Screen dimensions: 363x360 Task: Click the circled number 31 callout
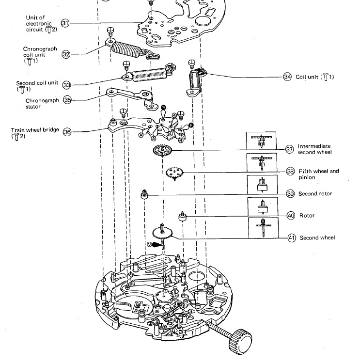tap(65, 23)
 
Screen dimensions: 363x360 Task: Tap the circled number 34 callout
tap(287, 77)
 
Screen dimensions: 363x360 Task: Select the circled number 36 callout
tap(67, 131)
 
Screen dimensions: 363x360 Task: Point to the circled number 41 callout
tap(292, 237)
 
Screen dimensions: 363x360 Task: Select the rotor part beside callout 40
tap(183, 216)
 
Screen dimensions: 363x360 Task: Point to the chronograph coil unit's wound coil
tap(129, 48)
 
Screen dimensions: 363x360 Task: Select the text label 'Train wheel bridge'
tap(33, 130)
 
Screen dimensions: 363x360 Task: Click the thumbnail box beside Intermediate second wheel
tap(262, 142)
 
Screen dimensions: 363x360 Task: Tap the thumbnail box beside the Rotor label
tap(262, 207)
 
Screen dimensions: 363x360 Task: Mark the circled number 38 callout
tap(291, 171)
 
